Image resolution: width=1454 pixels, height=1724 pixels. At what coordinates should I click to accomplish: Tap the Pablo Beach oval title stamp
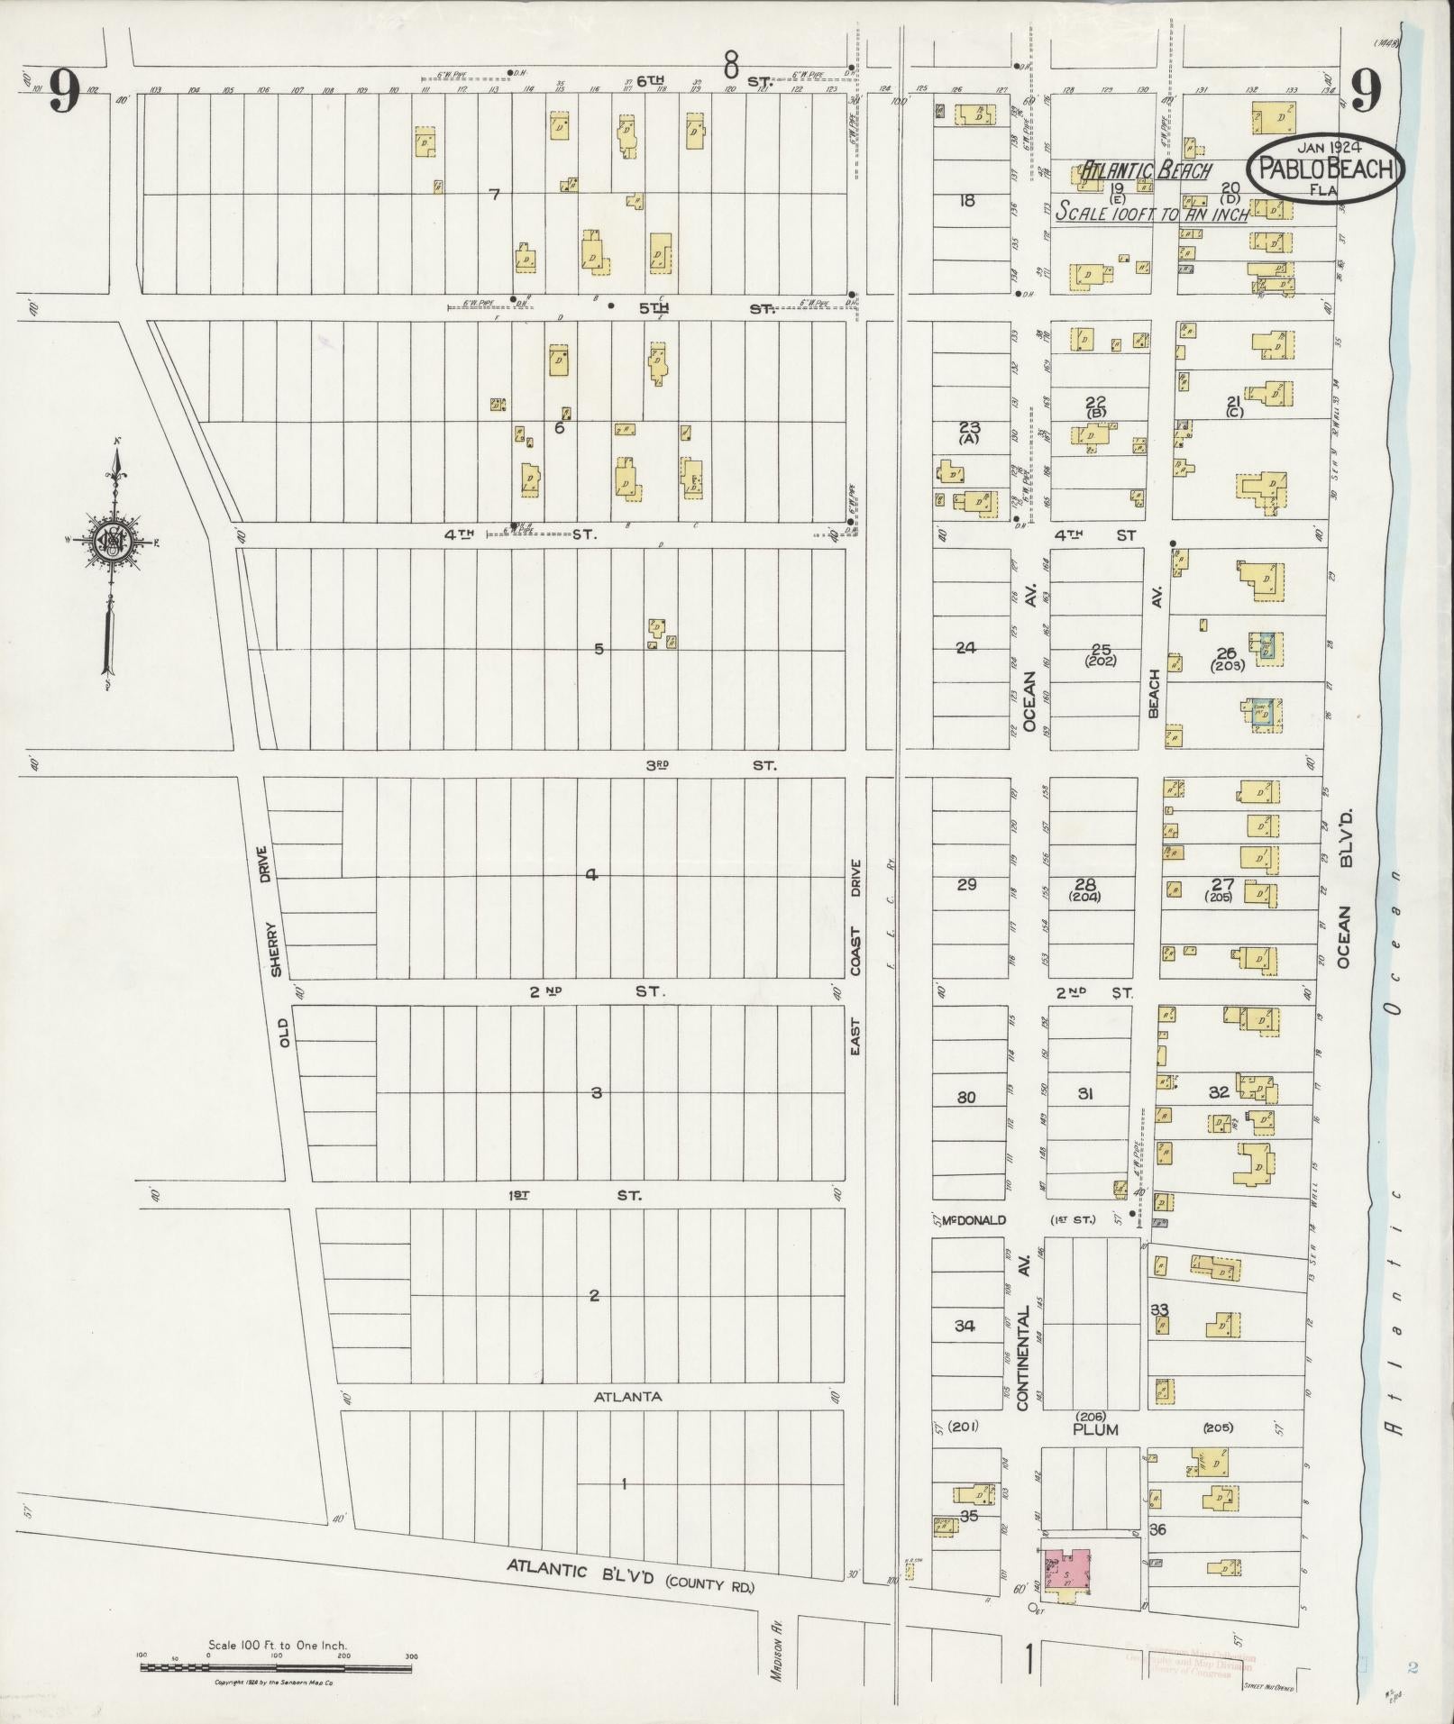(x=1325, y=168)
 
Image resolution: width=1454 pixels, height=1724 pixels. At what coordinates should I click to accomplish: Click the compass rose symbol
(x=114, y=541)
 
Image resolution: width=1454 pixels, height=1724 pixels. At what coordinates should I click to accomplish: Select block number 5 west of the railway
(x=599, y=649)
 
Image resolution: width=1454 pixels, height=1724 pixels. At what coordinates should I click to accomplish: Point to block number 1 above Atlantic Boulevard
(x=624, y=1482)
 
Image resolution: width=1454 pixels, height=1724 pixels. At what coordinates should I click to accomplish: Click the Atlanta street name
(x=627, y=1396)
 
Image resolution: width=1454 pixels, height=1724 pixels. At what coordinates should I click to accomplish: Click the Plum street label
(x=1095, y=1429)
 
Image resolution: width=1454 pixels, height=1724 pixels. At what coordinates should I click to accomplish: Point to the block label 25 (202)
(x=1101, y=653)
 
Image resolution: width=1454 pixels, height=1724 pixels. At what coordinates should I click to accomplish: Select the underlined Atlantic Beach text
(x=1146, y=170)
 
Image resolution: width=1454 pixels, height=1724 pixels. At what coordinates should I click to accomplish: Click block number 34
(x=965, y=1326)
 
